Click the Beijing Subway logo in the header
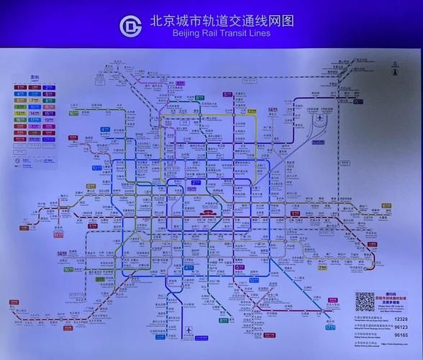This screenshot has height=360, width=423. pyautogui.click(x=132, y=27)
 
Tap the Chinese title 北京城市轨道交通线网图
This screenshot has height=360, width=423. pyautogui.click(x=222, y=21)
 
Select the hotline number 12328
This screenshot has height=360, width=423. pyautogui.click(x=401, y=318)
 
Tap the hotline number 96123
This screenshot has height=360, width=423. pyautogui.click(x=401, y=326)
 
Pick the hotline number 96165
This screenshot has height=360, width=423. pyautogui.click(x=401, y=335)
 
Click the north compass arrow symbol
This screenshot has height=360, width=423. pyautogui.click(x=395, y=69)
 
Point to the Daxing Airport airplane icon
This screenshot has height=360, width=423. pyautogui.click(x=189, y=330)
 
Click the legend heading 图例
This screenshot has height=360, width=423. pyautogui.click(x=34, y=78)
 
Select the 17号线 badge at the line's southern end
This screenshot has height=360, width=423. pyautogui.click(x=330, y=328)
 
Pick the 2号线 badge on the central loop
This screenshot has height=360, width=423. pyautogui.click(x=195, y=183)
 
